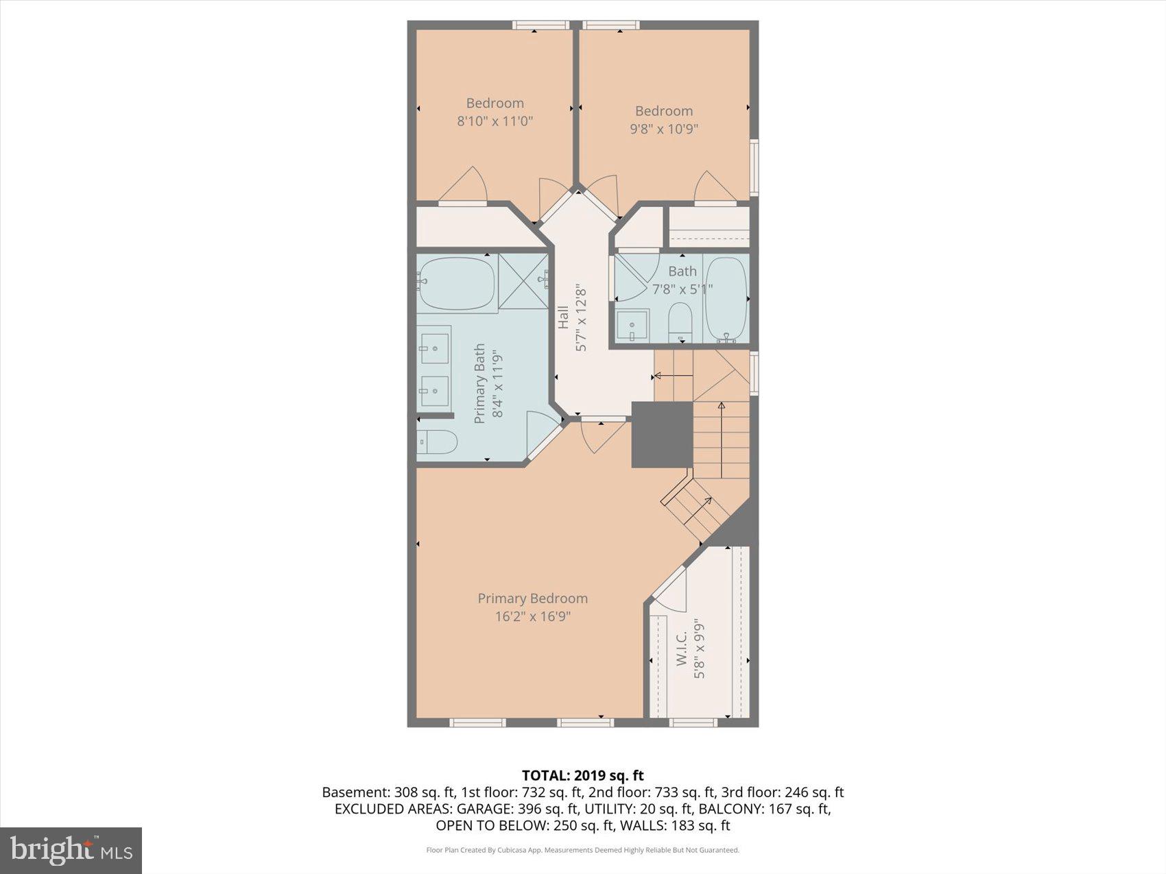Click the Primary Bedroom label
click(x=532, y=598)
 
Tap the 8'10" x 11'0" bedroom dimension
click(x=495, y=121)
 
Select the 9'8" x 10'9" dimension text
click(x=664, y=128)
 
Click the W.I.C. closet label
click(x=682, y=648)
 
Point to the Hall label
click(x=564, y=317)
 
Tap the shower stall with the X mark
click(x=523, y=281)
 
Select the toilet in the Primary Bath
click(x=438, y=442)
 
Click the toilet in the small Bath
click(x=680, y=321)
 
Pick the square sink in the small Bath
click(x=632, y=326)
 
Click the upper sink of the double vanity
click(x=434, y=348)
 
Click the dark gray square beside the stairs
click(x=661, y=435)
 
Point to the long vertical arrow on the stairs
click(x=721, y=440)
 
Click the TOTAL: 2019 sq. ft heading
click(x=582, y=775)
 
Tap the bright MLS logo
click(x=71, y=850)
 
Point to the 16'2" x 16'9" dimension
click(x=532, y=616)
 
